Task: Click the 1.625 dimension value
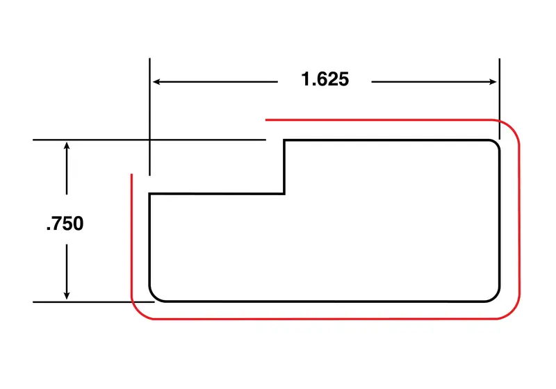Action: coord(325,79)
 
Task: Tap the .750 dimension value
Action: coord(65,223)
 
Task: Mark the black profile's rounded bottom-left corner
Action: coord(154,297)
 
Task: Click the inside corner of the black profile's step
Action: coord(284,193)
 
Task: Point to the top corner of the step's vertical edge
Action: coord(284,140)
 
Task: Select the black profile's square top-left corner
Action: coord(149,194)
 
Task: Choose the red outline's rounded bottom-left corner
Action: coord(138,313)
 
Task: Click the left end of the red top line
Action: coord(266,119)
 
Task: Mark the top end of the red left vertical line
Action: coord(131,174)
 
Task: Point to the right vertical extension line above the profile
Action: coord(499,99)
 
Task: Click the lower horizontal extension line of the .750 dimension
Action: coord(94,302)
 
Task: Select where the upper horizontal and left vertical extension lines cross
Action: coord(149,140)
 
